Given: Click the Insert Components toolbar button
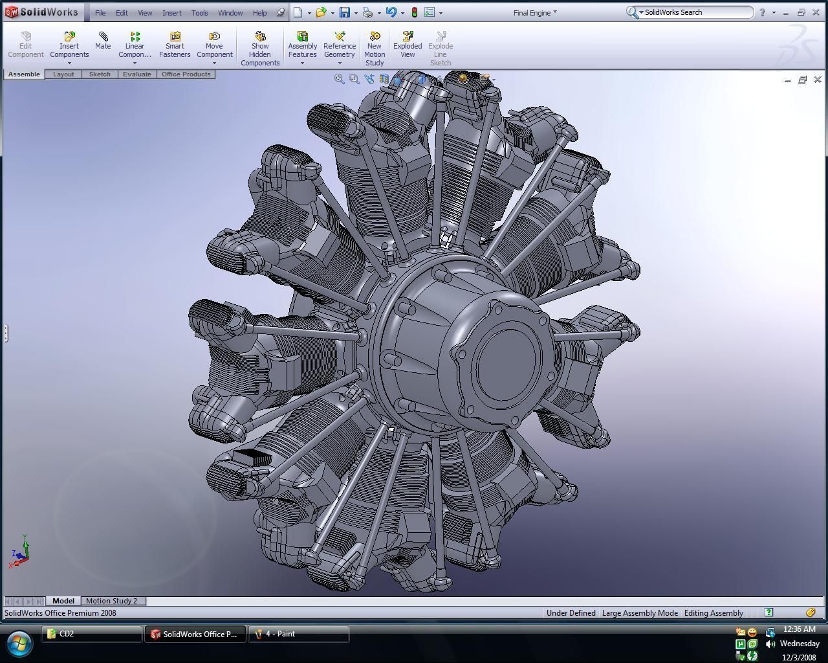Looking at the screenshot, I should point(69,45).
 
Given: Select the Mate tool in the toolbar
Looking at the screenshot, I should point(103,40).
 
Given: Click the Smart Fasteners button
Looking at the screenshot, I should point(175,45).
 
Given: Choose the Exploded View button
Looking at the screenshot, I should point(408,45).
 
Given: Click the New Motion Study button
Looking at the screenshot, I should point(375,49).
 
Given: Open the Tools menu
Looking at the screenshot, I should point(199,13).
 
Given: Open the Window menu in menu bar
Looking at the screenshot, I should point(230,13).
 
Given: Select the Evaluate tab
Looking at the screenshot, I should point(137,74).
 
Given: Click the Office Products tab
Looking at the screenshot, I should point(186,74).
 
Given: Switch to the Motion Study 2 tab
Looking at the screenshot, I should point(111,601).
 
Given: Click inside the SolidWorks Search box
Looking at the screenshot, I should point(695,12).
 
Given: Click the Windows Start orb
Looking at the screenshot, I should point(19,643).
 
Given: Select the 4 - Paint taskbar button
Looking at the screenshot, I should point(299,634).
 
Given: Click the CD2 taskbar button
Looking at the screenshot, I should point(91,634).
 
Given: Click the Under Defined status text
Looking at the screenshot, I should point(571,613).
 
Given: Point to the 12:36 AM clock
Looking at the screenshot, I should point(799,629).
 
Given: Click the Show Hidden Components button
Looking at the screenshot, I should point(260,49).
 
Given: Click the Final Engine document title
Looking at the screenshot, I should point(534,13).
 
